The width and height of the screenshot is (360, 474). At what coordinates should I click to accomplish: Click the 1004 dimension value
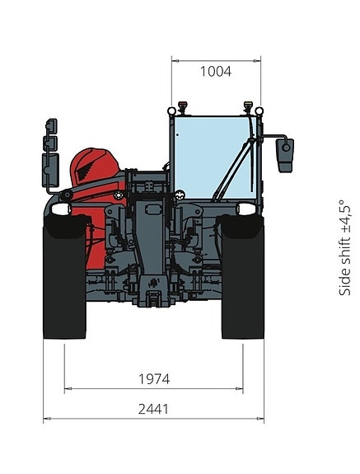(216, 72)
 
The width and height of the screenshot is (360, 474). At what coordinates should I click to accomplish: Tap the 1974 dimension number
(154, 378)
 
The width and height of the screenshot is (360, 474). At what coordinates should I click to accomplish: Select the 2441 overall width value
(153, 409)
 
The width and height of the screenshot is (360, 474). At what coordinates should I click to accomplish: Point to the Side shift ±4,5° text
(345, 247)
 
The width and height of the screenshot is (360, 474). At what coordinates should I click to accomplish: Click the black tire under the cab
(242, 277)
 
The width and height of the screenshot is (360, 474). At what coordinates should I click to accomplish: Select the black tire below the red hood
(64, 277)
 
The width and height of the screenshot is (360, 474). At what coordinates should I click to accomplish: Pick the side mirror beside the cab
(285, 155)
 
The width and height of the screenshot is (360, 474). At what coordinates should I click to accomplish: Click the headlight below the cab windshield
(247, 209)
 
